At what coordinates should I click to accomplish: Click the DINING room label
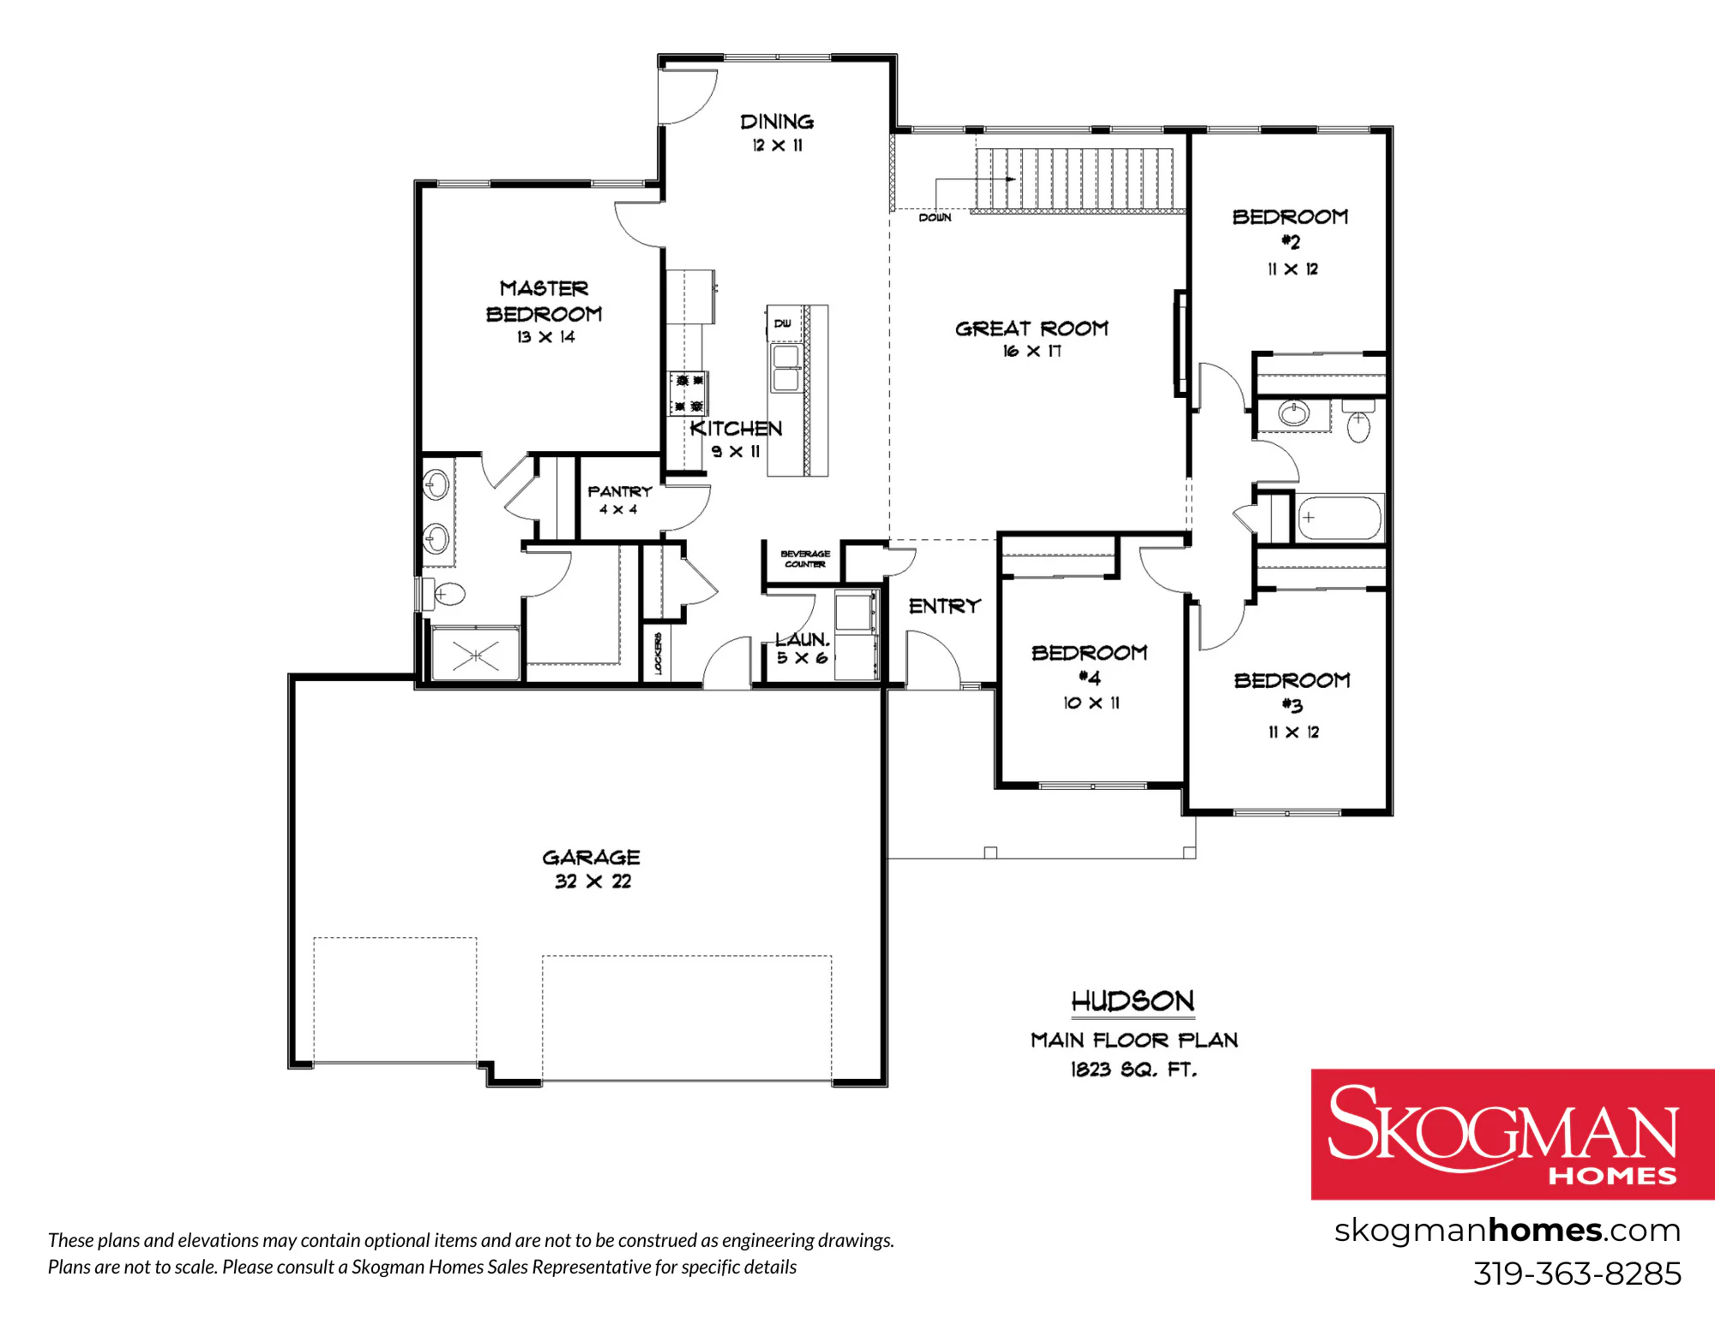tap(777, 122)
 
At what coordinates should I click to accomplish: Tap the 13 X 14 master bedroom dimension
tap(545, 337)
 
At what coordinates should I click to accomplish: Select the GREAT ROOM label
tap(1032, 328)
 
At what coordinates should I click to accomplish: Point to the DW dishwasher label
tap(782, 323)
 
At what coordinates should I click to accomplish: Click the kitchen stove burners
tap(689, 393)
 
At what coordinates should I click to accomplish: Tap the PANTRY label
tap(620, 491)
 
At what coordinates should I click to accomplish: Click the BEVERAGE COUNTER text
tap(805, 559)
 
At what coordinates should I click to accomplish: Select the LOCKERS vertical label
tap(658, 653)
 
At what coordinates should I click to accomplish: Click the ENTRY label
tap(944, 606)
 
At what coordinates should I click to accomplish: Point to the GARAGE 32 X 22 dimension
tap(593, 882)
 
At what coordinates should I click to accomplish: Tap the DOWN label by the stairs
tap(935, 218)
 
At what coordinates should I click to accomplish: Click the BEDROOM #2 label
tap(1290, 229)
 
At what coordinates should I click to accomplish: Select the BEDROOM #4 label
tap(1089, 665)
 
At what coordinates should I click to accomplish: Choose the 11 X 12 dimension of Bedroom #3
tap(1294, 732)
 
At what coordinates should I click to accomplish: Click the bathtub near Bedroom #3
tap(1339, 518)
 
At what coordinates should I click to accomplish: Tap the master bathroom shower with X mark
tap(476, 653)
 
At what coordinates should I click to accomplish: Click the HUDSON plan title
tap(1133, 1001)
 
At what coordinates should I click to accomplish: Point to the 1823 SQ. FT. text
tap(1134, 1069)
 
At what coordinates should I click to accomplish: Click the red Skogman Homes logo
tap(1513, 1134)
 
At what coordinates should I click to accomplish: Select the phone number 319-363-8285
tap(1577, 1274)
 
